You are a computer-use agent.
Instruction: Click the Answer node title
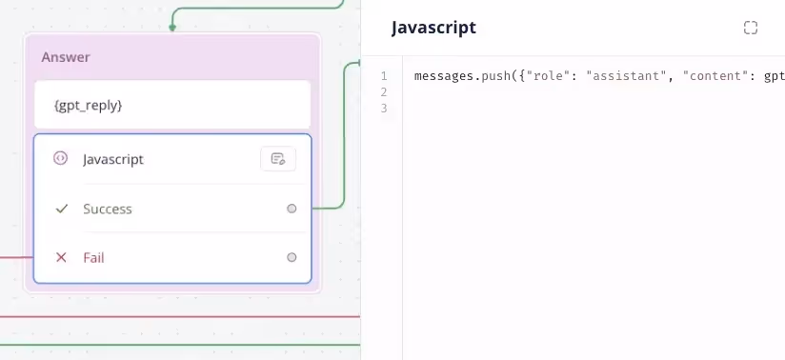tap(66, 57)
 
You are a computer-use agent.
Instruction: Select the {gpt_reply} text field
tap(172, 105)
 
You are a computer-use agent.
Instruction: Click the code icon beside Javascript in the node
tap(60, 158)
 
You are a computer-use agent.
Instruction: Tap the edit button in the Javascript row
tap(278, 159)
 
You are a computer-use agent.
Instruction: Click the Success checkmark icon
tap(61, 209)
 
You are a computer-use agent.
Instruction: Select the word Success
tap(107, 209)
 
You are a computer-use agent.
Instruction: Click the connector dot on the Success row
tap(292, 209)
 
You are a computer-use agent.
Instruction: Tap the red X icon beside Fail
tap(61, 257)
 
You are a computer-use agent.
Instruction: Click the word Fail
tap(93, 258)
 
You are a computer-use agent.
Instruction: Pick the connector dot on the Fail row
tap(292, 257)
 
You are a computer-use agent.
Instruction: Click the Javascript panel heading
tap(433, 28)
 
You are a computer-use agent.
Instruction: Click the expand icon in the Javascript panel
tap(751, 28)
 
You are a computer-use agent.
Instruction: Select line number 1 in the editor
tap(384, 76)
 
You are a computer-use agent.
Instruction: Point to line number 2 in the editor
tap(384, 92)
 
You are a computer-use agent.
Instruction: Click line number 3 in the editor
tap(384, 109)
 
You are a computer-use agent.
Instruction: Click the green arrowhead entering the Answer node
tap(172, 28)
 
